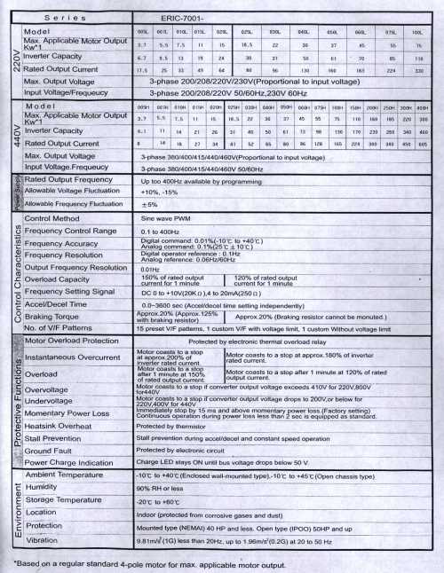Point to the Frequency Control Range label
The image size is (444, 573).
pyautogui.click(x=71, y=231)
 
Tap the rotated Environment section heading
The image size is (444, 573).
pyautogui.click(x=12, y=510)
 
